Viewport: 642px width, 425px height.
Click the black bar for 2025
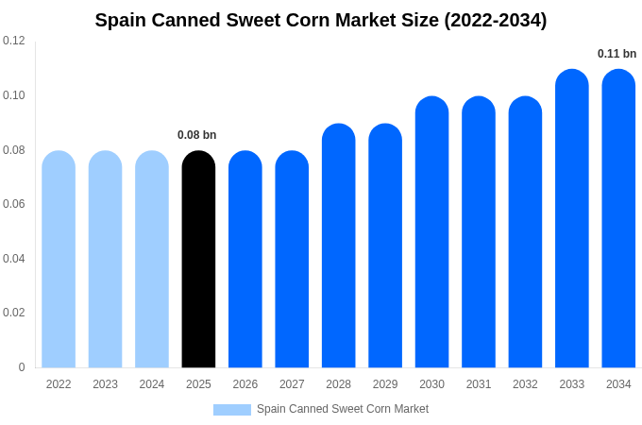click(198, 260)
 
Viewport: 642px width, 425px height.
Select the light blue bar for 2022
click(59, 260)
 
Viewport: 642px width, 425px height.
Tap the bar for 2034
click(618, 219)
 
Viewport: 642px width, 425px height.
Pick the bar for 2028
click(338, 246)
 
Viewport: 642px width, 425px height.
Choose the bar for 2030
click(431, 232)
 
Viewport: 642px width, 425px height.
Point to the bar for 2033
click(571, 219)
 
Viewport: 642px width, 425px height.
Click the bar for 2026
click(245, 260)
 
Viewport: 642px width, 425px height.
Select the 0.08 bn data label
click(197, 135)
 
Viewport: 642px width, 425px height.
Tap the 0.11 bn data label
click(617, 54)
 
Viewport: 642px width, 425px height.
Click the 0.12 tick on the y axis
click(14, 41)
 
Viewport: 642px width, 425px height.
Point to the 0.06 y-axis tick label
click(14, 204)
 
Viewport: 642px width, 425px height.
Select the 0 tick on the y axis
click(22, 367)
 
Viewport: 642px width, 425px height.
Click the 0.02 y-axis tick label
click(14, 313)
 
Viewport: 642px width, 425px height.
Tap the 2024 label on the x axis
click(152, 384)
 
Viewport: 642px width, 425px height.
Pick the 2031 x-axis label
click(479, 384)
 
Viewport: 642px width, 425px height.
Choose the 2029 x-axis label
click(385, 384)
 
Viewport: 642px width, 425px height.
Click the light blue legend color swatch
click(232, 410)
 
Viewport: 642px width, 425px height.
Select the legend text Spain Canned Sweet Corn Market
click(343, 409)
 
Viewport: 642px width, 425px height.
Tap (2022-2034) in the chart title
click(496, 20)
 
